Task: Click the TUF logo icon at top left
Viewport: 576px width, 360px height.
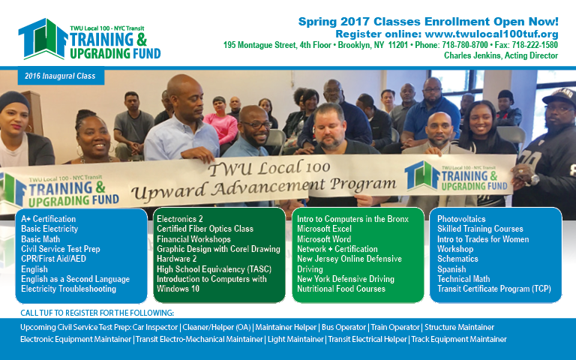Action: [x=43, y=38]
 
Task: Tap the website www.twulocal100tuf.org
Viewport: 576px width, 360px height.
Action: [x=491, y=34]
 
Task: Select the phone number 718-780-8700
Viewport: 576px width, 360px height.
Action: [x=465, y=45]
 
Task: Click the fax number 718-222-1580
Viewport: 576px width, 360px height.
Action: [x=535, y=45]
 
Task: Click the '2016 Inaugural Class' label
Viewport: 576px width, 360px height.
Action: [x=60, y=76]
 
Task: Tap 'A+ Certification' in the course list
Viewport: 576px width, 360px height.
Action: [x=49, y=219]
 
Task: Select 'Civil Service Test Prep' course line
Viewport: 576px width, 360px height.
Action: [x=61, y=249]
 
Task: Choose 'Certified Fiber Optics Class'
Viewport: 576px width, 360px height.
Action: [x=205, y=229]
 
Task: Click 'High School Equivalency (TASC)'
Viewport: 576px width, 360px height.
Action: [x=214, y=269]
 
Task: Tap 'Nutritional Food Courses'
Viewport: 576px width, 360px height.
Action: [x=341, y=289]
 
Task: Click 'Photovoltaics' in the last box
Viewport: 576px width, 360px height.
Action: [x=461, y=219]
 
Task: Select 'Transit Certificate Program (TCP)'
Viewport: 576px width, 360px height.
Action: [x=494, y=289]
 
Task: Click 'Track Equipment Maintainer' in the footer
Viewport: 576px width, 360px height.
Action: [x=459, y=340]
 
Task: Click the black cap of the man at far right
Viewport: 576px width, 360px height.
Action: [x=559, y=96]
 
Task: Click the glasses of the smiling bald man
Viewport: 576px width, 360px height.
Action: [x=256, y=125]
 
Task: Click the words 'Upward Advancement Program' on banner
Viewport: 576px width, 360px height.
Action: [x=264, y=187]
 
